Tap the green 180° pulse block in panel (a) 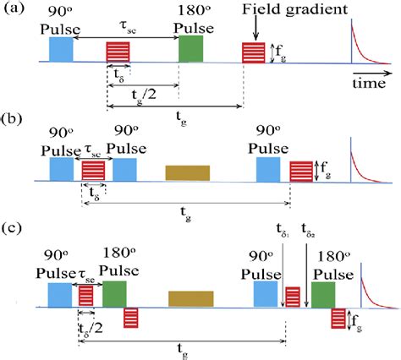(190, 49)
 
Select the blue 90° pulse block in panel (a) (62, 50)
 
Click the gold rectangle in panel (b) (188, 172)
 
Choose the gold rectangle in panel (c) (190, 298)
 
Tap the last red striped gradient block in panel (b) (302, 172)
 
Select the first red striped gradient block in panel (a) (118, 52)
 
